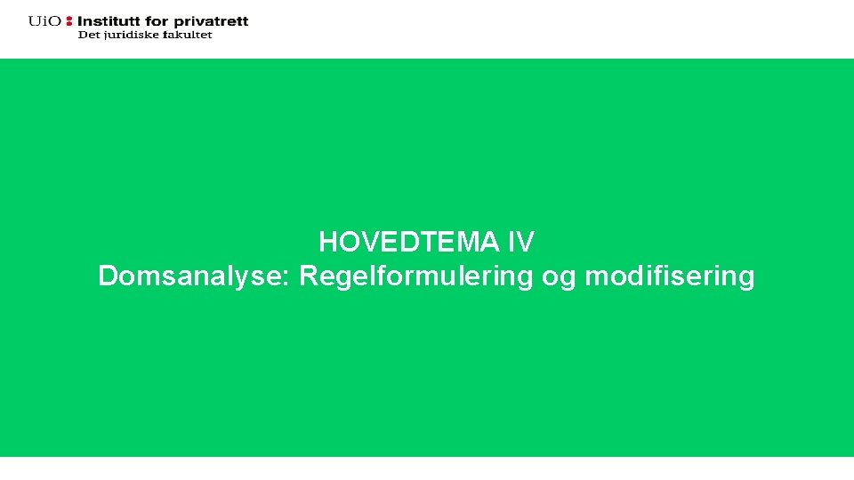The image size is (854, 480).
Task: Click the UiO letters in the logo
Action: tap(44, 20)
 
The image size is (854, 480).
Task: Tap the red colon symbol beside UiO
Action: tap(69, 20)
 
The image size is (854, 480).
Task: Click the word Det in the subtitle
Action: tap(89, 35)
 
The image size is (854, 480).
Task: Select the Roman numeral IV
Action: tap(521, 242)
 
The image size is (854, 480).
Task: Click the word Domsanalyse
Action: tap(190, 276)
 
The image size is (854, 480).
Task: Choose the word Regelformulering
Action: tap(416, 276)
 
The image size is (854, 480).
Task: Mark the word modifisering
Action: tap(670, 276)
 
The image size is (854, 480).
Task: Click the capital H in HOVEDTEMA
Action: tap(328, 242)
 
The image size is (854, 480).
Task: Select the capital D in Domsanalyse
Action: tap(108, 276)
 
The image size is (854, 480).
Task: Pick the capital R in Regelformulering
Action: tap(309, 276)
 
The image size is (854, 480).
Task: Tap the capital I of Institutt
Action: tap(81, 20)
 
